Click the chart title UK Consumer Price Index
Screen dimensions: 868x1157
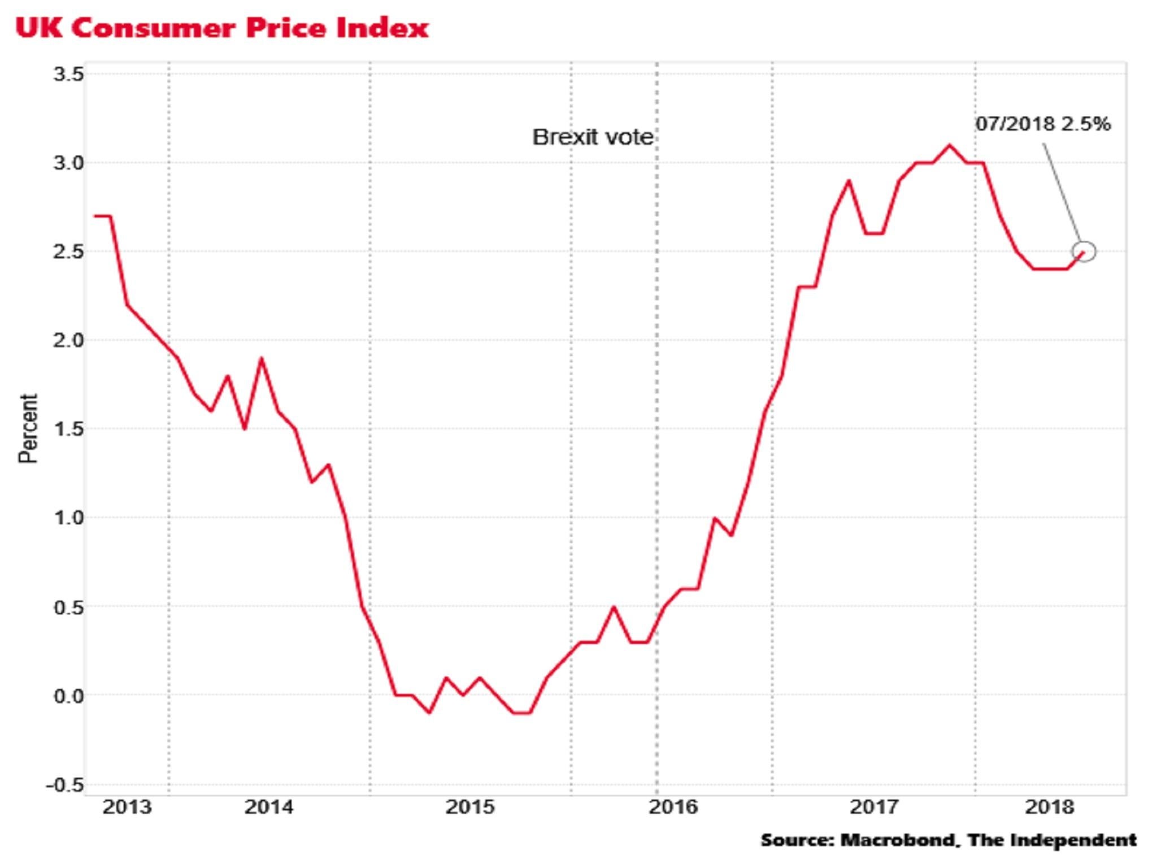222,28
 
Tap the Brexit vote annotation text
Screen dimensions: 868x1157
593,137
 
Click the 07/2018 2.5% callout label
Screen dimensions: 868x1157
1043,124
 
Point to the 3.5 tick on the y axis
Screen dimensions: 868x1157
68,74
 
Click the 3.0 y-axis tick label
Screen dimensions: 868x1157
68,163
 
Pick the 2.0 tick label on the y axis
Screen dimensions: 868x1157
68,341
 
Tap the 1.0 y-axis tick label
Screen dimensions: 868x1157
68,518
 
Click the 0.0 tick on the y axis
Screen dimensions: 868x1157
68,696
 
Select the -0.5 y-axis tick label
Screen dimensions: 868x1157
64,785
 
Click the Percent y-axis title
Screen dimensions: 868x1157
28,429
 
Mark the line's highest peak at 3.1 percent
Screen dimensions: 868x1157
949,145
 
